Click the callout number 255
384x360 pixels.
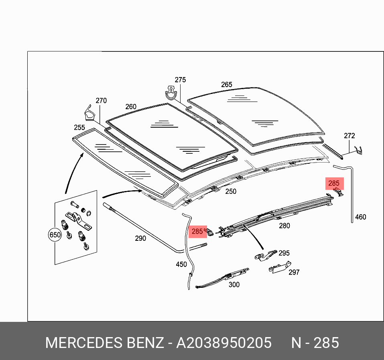pyautogui.click(x=79, y=128)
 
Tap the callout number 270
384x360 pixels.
pyautogui.click(x=101, y=101)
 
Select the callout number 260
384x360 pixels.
pyautogui.click(x=131, y=107)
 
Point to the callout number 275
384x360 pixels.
pyautogui.click(x=180, y=80)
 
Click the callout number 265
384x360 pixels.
pyautogui.click(x=227, y=85)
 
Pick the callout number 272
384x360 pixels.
pyautogui.click(x=349, y=136)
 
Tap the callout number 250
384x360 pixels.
pyautogui.click(x=231, y=191)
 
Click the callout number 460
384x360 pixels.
pyautogui.click(x=361, y=217)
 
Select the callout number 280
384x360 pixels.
pyautogui.click(x=284, y=226)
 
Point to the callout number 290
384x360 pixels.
pyautogui.click(x=140, y=238)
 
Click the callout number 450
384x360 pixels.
pyautogui.click(x=181, y=264)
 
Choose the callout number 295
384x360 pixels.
pyautogui.click(x=284, y=253)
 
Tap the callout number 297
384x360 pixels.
pyautogui.click(x=294, y=272)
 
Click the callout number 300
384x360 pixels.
pyautogui.click(x=234, y=285)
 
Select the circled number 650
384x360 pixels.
pyautogui.click(x=55, y=235)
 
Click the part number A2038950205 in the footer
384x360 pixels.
pyautogui.click(x=224, y=343)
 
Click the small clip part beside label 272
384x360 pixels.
pyautogui.click(x=360, y=151)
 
